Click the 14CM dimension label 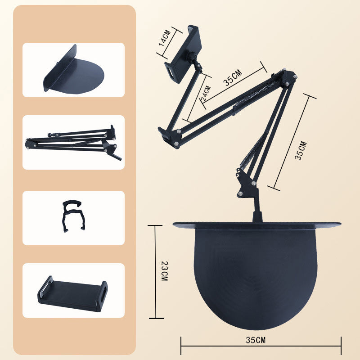165,38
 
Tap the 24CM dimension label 206,94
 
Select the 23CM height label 165,271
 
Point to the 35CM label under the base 255,340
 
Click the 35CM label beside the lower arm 301,151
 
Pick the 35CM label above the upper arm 233,77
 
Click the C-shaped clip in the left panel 72,216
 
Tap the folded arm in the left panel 73,143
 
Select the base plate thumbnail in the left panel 73,70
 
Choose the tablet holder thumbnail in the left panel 72,294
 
